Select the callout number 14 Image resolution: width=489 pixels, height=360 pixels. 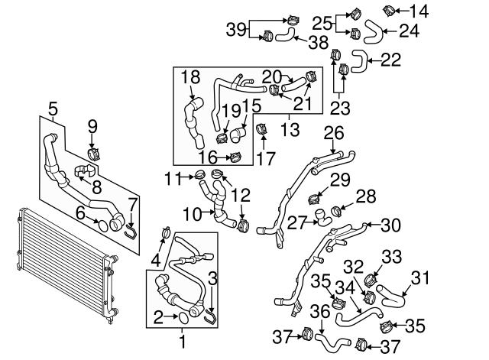coord(419,11)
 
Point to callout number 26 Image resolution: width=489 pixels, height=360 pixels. coord(332,133)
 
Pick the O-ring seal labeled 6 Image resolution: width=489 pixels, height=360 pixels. coord(99,225)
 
